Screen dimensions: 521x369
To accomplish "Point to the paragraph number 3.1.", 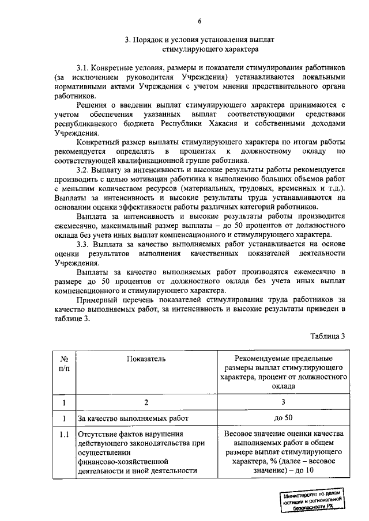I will (84, 67).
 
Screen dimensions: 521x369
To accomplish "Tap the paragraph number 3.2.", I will (84, 170).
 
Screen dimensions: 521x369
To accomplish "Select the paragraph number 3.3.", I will (84, 243).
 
